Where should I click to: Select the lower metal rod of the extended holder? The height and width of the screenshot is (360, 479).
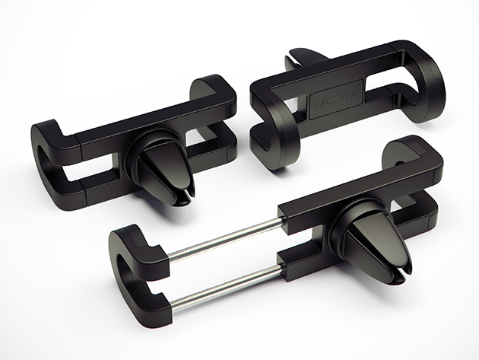(227, 288)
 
